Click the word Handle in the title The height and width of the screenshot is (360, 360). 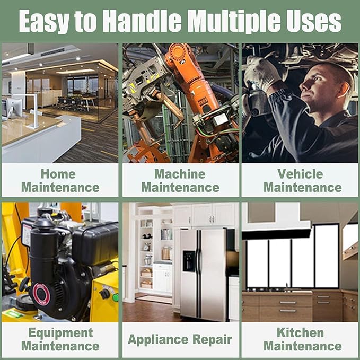point(142,21)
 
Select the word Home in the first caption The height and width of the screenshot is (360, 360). point(58,174)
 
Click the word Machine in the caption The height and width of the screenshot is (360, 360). point(180,174)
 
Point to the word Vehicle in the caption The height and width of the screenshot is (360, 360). point(300,174)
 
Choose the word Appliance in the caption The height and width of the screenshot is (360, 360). point(158,340)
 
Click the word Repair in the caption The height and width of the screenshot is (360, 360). point(212,340)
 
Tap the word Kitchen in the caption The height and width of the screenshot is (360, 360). point(300,332)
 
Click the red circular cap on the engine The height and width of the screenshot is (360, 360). point(41,294)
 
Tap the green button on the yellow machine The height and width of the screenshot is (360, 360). point(115,297)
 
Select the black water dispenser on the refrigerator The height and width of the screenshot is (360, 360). point(189,261)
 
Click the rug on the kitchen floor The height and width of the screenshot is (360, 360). point(154,299)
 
